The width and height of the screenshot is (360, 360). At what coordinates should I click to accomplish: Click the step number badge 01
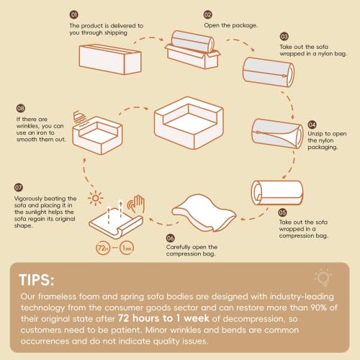click(x=73, y=14)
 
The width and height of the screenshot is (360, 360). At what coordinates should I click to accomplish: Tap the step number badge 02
click(x=207, y=14)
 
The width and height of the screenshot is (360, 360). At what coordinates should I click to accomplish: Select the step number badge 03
click(x=284, y=37)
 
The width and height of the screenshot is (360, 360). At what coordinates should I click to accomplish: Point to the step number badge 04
click(x=312, y=125)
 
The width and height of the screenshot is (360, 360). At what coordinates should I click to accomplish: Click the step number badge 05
click(x=282, y=212)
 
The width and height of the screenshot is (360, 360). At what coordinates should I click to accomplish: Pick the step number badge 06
click(x=170, y=238)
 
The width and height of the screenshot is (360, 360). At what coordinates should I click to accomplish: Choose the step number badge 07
click(x=19, y=187)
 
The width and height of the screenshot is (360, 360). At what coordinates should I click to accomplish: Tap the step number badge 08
click(x=21, y=108)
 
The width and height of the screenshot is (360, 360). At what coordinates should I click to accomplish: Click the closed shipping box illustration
click(x=110, y=59)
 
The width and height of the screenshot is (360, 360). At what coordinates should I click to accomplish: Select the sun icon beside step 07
click(x=96, y=198)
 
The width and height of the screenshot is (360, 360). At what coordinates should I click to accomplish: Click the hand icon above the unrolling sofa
click(x=136, y=204)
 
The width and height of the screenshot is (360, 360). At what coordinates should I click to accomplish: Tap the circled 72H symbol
click(x=103, y=248)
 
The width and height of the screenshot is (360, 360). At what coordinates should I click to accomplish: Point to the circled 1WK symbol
click(x=127, y=248)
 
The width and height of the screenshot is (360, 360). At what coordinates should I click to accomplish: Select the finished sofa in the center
click(x=189, y=123)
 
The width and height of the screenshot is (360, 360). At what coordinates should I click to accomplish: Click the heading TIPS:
click(x=37, y=280)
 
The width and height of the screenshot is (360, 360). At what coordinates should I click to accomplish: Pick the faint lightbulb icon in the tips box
click(x=323, y=278)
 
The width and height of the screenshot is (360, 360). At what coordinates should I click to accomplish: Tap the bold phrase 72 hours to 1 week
click(x=163, y=318)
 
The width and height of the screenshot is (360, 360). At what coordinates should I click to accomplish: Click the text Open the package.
click(x=231, y=25)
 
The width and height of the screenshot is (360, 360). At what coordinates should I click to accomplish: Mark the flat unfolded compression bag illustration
click(x=204, y=213)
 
